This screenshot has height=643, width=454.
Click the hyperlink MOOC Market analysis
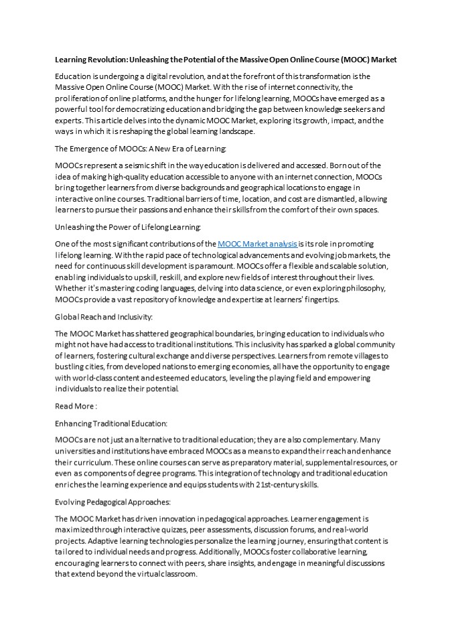(257, 244)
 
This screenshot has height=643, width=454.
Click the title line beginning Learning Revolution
(226, 60)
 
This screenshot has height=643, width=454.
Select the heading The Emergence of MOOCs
(141, 149)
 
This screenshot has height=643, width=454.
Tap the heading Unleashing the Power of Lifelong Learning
(128, 228)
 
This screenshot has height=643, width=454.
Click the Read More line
(76, 407)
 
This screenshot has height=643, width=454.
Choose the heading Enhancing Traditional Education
(110, 424)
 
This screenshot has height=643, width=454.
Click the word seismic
(147, 165)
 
